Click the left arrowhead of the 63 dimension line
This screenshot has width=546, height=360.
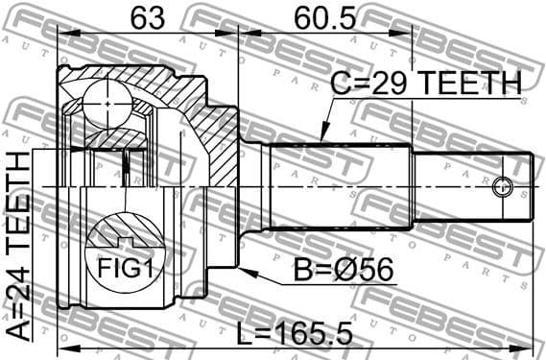pyautogui.click(x=62, y=33)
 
